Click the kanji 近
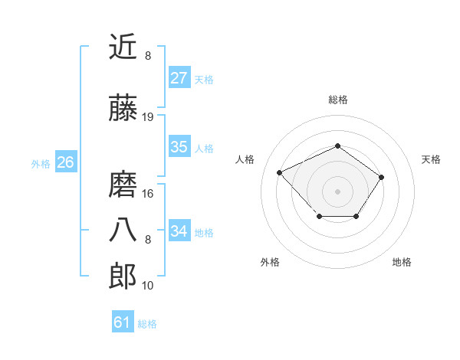[123, 47]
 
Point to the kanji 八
[123, 229]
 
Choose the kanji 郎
[123, 275]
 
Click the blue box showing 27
[179, 78]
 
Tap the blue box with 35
[179, 148]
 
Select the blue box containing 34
[179, 231]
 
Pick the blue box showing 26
[65, 162]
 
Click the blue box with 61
[122, 322]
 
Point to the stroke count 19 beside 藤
[148, 117]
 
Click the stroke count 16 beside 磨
[148, 193]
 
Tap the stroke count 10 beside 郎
[148, 286]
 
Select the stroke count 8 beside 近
[148, 56]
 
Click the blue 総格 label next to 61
[147, 324]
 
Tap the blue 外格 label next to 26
[41, 163]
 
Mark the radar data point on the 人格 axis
[280, 172]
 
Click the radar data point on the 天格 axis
[381, 178]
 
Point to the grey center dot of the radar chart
[337, 191]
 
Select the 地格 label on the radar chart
[402, 262]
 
